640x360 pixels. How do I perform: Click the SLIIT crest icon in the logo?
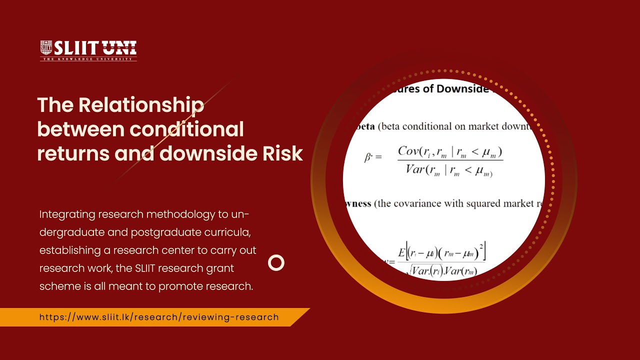(x=46, y=48)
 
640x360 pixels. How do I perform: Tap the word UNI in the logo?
(x=119, y=48)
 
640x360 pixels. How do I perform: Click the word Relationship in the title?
(x=141, y=105)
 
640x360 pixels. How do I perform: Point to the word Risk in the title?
(x=283, y=153)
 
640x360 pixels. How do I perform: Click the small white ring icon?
(x=276, y=262)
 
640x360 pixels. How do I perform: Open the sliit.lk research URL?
(x=159, y=317)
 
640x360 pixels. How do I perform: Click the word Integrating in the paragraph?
(x=67, y=214)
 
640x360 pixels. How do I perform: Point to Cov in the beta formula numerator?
(x=409, y=150)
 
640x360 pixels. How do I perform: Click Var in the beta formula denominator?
(x=415, y=169)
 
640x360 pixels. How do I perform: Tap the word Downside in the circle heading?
(x=463, y=88)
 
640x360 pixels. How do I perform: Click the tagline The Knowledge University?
(x=88, y=59)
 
